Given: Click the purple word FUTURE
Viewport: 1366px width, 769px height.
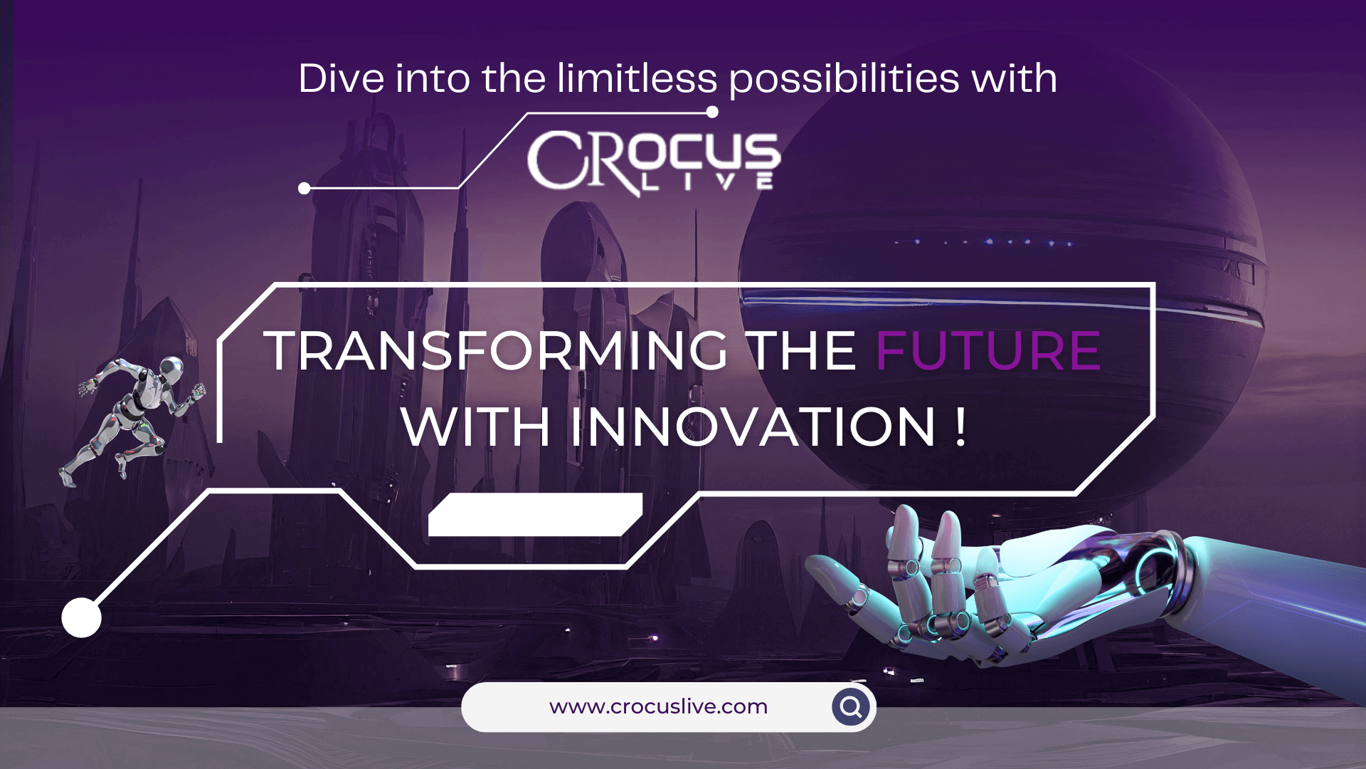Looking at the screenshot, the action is pyautogui.click(x=988, y=350).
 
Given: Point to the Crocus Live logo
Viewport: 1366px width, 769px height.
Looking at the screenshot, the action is pyautogui.click(x=653, y=163).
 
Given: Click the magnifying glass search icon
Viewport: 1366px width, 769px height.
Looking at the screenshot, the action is pyautogui.click(x=851, y=706).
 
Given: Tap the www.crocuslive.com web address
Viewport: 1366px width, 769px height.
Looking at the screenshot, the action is pyautogui.click(x=658, y=706).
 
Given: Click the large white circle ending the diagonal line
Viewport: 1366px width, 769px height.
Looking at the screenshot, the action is pyautogui.click(x=81, y=617).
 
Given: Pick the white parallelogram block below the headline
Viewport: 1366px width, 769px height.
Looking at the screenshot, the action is pyautogui.click(x=535, y=515).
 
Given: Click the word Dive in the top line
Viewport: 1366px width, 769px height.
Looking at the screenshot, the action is pyautogui.click(x=341, y=78).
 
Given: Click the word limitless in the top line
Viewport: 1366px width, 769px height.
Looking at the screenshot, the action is pyautogui.click(x=637, y=78).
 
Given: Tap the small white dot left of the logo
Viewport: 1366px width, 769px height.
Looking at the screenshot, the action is pyautogui.click(x=305, y=189).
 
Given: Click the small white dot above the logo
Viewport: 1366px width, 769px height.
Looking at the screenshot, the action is pyautogui.click(x=712, y=112).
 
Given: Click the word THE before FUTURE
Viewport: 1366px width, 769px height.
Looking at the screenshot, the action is pyautogui.click(x=803, y=350).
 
